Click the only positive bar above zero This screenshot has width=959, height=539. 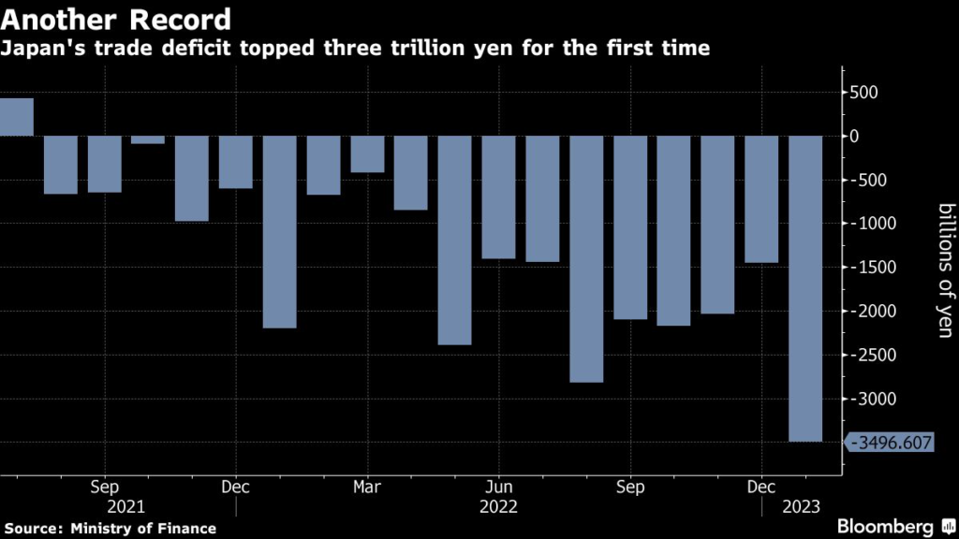(x=16, y=117)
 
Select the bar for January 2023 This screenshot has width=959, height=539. (x=805, y=288)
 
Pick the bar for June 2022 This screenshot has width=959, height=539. (x=498, y=197)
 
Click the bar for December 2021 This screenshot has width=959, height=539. (x=235, y=162)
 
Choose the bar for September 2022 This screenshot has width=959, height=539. (x=630, y=227)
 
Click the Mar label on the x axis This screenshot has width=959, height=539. (x=367, y=488)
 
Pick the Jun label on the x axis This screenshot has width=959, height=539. (x=498, y=488)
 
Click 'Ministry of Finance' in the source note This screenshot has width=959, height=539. (x=143, y=529)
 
